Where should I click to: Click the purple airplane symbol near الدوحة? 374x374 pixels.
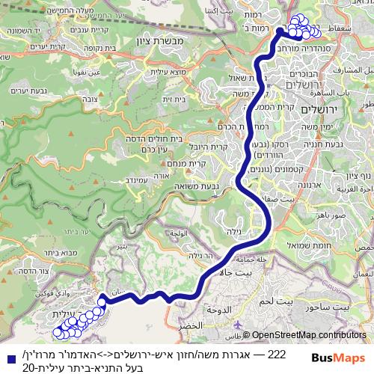(238, 325)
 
